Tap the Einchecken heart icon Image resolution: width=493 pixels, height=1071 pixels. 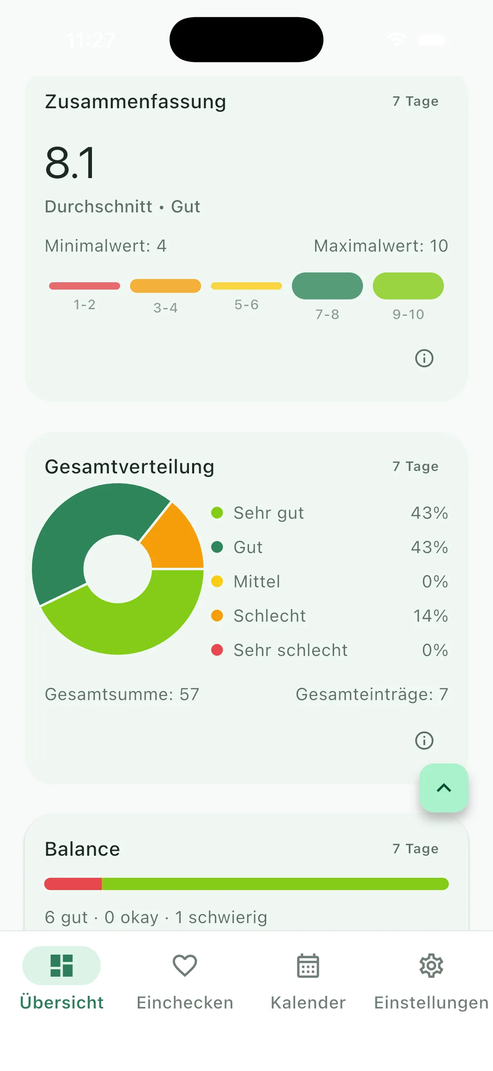click(185, 965)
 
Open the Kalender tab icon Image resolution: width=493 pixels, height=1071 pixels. click(308, 965)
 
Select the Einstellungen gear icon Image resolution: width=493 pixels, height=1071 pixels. click(431, 965)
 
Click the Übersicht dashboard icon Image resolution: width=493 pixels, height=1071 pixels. click(62, 965)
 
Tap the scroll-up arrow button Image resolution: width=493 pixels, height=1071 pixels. click(444, 788)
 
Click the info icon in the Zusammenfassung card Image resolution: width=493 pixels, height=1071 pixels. click(424, 358)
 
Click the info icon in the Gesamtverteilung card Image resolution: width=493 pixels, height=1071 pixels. click(424, 741)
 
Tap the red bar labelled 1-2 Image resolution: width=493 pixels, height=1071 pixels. click(85, 286)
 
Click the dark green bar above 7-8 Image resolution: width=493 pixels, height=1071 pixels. click(327, 286)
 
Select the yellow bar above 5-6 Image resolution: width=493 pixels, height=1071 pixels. click(246, 286)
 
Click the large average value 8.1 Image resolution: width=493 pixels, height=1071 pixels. click(71, 163)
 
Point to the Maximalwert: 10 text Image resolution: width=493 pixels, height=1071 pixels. click(381, 246)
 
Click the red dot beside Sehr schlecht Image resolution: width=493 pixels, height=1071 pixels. click(217, 650)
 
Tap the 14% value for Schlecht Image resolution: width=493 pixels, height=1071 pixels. click(430, 616)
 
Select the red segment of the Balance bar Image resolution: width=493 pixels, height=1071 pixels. click(73, 884)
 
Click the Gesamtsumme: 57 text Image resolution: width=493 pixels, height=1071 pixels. click(122, 694)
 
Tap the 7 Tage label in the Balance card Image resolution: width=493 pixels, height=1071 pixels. click(415, 848)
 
